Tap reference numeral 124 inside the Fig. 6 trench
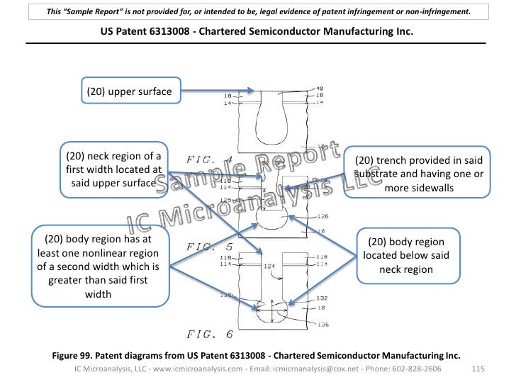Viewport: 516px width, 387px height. [269, 267]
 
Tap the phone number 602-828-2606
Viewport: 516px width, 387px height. [429, 369]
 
